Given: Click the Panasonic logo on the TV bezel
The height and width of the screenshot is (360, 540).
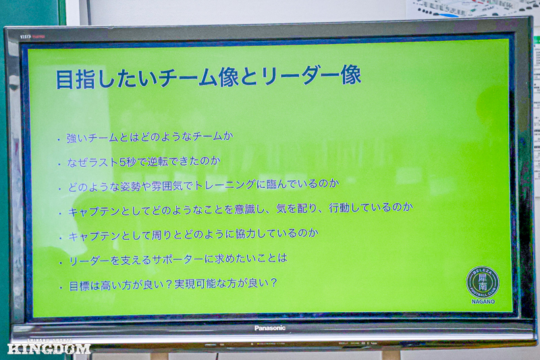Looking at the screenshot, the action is tap(269, 328).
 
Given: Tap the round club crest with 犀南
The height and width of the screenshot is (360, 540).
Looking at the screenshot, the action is tap(483, 282).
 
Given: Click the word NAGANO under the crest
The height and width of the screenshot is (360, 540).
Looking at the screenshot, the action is tap(483, 301).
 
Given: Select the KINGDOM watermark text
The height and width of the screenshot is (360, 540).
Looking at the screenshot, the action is tap(49, 349).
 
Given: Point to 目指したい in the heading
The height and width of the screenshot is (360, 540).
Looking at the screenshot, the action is tap(107, 79).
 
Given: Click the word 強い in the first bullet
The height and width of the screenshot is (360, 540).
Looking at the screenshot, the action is tap(77, 138).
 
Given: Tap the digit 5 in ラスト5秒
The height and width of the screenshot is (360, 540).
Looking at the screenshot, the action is tap(122, 163).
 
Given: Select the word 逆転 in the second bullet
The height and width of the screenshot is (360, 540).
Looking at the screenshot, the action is tap(158, 161).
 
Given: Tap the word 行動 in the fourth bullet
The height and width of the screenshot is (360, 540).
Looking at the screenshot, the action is tap(340, 208).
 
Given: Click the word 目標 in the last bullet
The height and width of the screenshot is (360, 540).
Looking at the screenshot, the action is tap(80, 286).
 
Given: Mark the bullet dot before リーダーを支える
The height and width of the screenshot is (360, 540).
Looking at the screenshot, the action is tap(61, 263).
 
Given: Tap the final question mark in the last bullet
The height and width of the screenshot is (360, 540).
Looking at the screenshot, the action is tap(274, 283).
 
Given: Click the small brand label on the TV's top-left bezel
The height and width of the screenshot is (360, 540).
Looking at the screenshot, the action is tap(32, 36).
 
